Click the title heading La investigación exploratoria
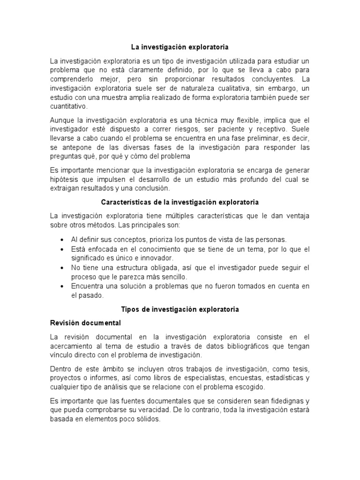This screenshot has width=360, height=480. point(180,47)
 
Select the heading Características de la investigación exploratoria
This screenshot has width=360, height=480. point(180,202)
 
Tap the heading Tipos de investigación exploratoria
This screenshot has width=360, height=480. point(180,310)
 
